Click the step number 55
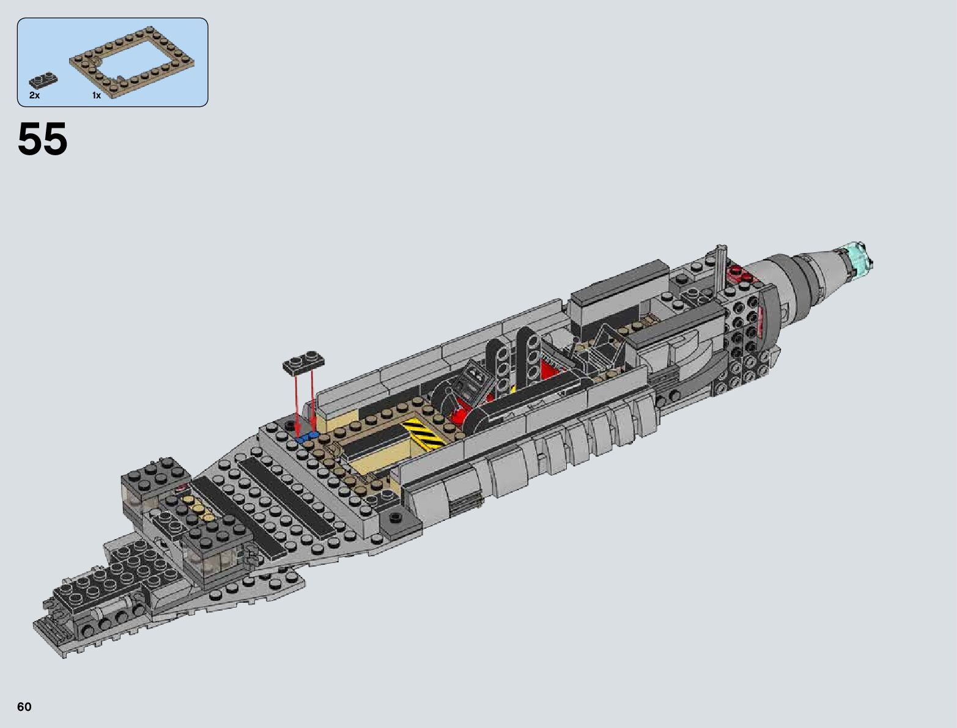point(43,139)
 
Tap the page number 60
point(24,707)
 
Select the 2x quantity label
point(34,95)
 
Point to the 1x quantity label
point(97,95)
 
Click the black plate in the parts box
point(43,79)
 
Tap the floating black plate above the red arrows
point(305,362)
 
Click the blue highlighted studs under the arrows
point(307,437)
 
